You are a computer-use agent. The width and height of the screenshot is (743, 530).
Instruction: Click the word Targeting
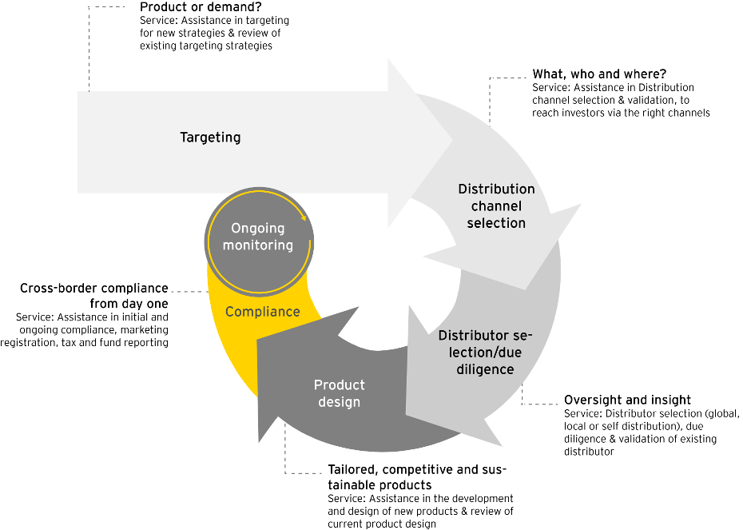pyautogui.click(x=210, y=137)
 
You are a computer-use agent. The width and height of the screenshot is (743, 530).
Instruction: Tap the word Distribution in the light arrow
pyautogui.click(x=496, y=189)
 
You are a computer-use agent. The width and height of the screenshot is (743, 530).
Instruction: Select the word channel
pyautogui.click(x=496, y=206)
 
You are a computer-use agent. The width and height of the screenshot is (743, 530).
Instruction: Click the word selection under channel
pyautogui.click(x=496, y=223)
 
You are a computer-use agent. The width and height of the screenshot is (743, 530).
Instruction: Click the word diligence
pyautogui.click(x=485, y=369)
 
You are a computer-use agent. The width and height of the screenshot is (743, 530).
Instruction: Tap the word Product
pyautogui.click(x=339, y=385)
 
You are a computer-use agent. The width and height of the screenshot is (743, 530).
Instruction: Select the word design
pyautogui.click(x=339, y=402)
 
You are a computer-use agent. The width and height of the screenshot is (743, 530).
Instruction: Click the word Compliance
pyautogui.click(x=262, y=312)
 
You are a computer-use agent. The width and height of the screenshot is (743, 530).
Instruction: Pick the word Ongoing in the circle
pyautogui.click(x=257, y=229)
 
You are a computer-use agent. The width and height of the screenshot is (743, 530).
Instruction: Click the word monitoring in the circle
pyautogui.click(x=257, y=245)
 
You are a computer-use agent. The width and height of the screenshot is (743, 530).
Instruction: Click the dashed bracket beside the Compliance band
pyautogui.click(x=189, y=292)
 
